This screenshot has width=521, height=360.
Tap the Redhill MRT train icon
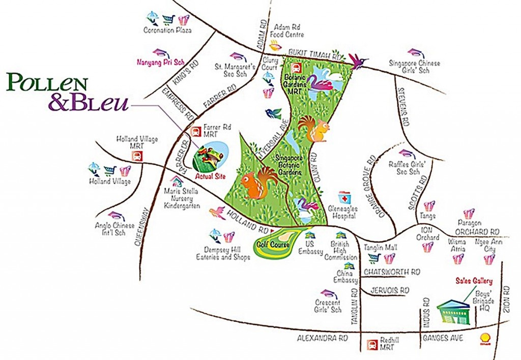[x=372, y=344]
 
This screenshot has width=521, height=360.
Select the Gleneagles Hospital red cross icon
[x=344, y=198]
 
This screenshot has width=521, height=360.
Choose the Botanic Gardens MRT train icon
[x=296, y=68]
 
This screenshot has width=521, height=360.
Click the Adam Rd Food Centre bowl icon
[x=275, y=45]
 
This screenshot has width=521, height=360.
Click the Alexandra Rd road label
[x=323, y=337]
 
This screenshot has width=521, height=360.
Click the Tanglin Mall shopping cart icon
[x=375, y=258]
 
